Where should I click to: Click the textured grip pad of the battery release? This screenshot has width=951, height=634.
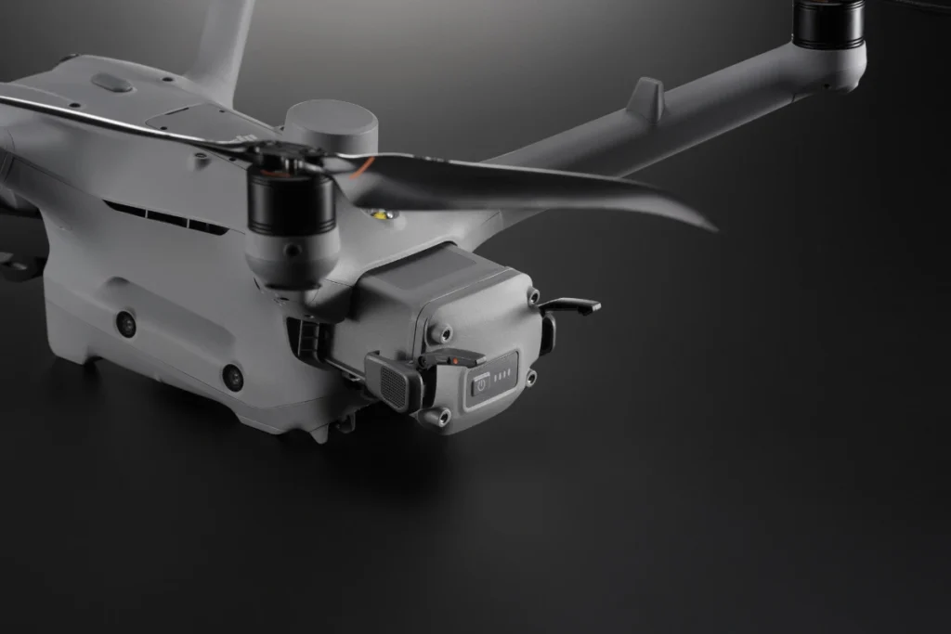point(391,382)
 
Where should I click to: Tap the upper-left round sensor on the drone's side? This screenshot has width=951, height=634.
point(125,323)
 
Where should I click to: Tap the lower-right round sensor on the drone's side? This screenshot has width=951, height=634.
point(232,376)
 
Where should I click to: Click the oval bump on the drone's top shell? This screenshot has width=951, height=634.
point(111,83)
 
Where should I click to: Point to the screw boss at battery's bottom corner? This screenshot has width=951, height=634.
point(433,417)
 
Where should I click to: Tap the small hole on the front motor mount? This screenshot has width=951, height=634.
point(293,251)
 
